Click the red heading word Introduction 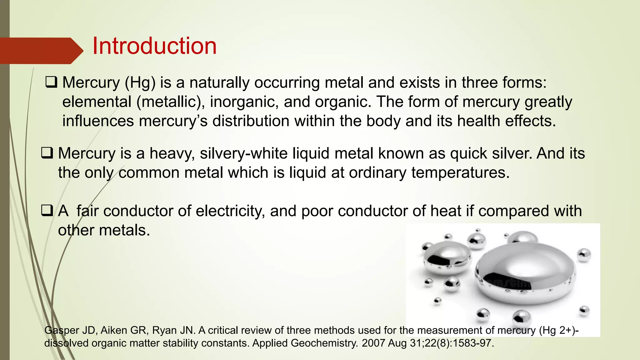pos(154,46)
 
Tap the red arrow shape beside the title pos(41,51)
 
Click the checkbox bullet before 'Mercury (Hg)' pos(51,82)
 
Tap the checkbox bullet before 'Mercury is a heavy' pos(47,153)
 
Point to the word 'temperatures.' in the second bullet pos(460,173)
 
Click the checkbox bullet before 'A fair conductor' pos(47,211)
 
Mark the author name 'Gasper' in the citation pos(61,330)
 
